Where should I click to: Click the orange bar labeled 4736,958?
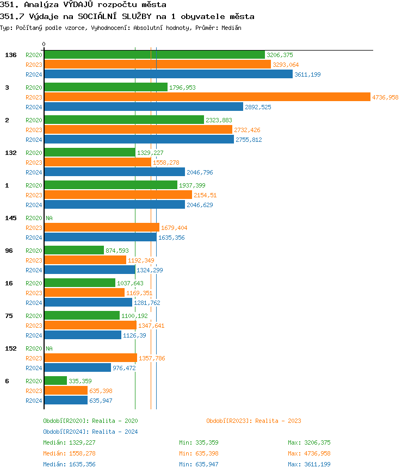point(207,97)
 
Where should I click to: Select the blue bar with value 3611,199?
point(168,74)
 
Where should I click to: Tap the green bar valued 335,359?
point(55,381)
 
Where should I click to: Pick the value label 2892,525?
point(258,107)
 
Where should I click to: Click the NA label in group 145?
point(49,218)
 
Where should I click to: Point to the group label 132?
point(11,153)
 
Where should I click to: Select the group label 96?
point(9,251)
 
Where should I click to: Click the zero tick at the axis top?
point(44,45)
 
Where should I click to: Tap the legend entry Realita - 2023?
point(254,421)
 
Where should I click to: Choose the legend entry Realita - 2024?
point(90,432)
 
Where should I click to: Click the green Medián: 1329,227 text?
point(69,442)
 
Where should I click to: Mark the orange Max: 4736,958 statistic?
point(309,453)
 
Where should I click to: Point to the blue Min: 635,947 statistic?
point(199,464)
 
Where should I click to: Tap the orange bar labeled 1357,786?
point(90,358)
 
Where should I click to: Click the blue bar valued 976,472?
point(77,368)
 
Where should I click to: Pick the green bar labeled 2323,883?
point(124,120)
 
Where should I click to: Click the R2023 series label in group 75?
point(34,326)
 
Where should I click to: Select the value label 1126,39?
point(134,335)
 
